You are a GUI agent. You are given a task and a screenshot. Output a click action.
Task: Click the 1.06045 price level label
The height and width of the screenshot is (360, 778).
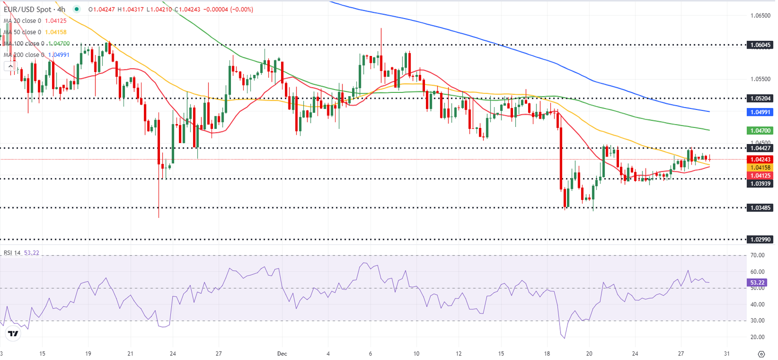tap(760, 45)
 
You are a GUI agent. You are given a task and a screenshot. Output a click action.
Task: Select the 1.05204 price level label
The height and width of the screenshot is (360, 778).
tap(760, 98)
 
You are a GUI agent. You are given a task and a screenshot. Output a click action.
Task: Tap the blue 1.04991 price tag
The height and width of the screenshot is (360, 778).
tap(760, 112)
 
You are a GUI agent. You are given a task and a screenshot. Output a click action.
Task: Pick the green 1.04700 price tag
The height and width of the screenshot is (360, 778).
tap(760, 130)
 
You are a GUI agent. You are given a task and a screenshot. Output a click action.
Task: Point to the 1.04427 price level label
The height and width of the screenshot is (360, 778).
tap(760, 148)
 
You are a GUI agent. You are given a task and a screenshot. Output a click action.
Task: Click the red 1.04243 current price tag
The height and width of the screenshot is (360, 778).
tap(760, 160)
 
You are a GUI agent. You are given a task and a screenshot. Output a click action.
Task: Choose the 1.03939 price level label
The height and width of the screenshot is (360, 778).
tap(760, 183)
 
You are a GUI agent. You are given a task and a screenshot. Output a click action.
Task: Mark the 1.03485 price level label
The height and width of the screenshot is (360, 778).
tap(760, 208)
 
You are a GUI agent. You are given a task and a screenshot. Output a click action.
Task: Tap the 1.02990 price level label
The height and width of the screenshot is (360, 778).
tap(760, 239)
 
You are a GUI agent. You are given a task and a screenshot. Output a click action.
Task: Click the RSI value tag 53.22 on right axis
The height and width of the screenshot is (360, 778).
tap(757, 283)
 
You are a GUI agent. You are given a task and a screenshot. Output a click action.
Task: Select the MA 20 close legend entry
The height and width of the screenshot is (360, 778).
tap(22, 21)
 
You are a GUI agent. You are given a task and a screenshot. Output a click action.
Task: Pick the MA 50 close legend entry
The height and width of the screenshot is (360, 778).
tap(22, 32)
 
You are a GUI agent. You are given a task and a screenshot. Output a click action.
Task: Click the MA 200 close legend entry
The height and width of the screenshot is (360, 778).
tap(24, 55)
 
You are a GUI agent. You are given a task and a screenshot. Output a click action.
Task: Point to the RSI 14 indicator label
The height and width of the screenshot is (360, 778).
tap(12, 253)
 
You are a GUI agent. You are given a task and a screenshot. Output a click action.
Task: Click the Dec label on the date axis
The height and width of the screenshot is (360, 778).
tap(282, 354)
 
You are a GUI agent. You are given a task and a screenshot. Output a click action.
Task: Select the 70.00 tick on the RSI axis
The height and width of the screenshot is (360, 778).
tap(757, 255)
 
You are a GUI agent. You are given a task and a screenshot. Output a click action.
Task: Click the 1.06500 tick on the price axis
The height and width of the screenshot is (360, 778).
tap(760, 16)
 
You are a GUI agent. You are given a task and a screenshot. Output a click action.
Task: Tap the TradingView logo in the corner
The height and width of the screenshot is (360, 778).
tap(13, 334)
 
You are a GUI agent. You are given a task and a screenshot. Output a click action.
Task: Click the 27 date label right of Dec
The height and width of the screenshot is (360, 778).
tap(681, 354)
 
